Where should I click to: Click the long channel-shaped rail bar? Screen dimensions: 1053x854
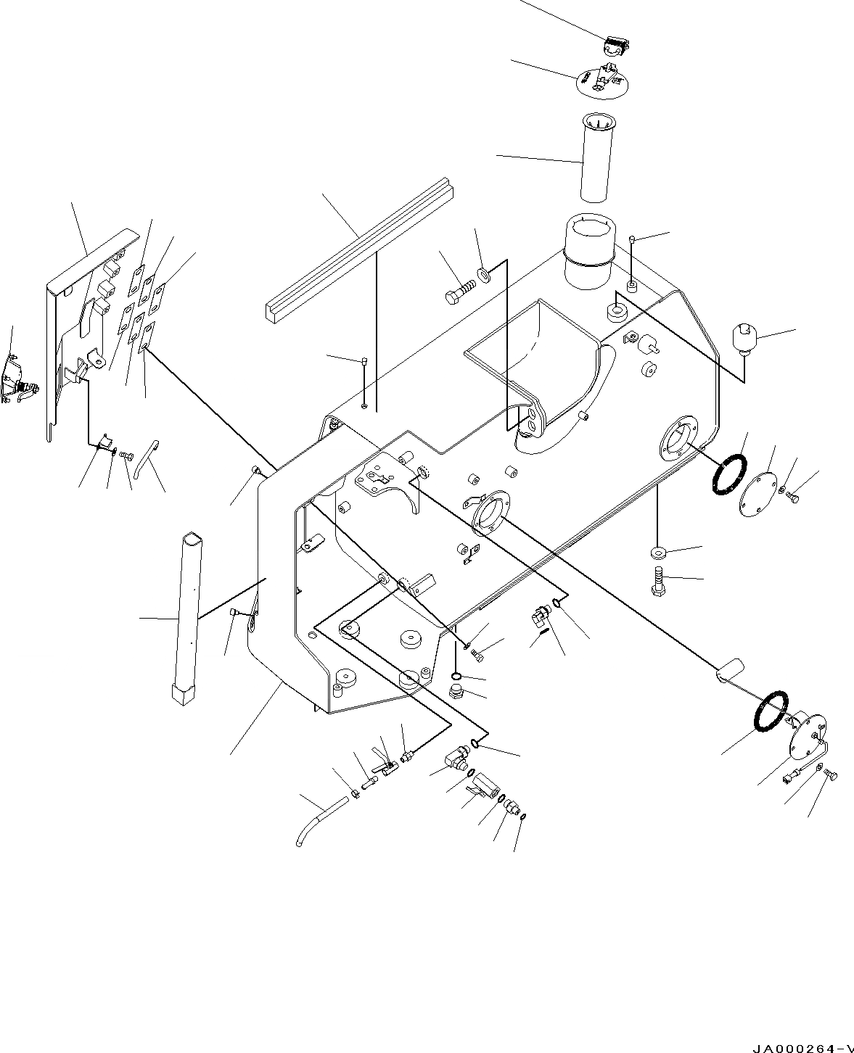coord(360,247)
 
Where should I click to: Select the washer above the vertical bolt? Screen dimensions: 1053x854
coord(657,553)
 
